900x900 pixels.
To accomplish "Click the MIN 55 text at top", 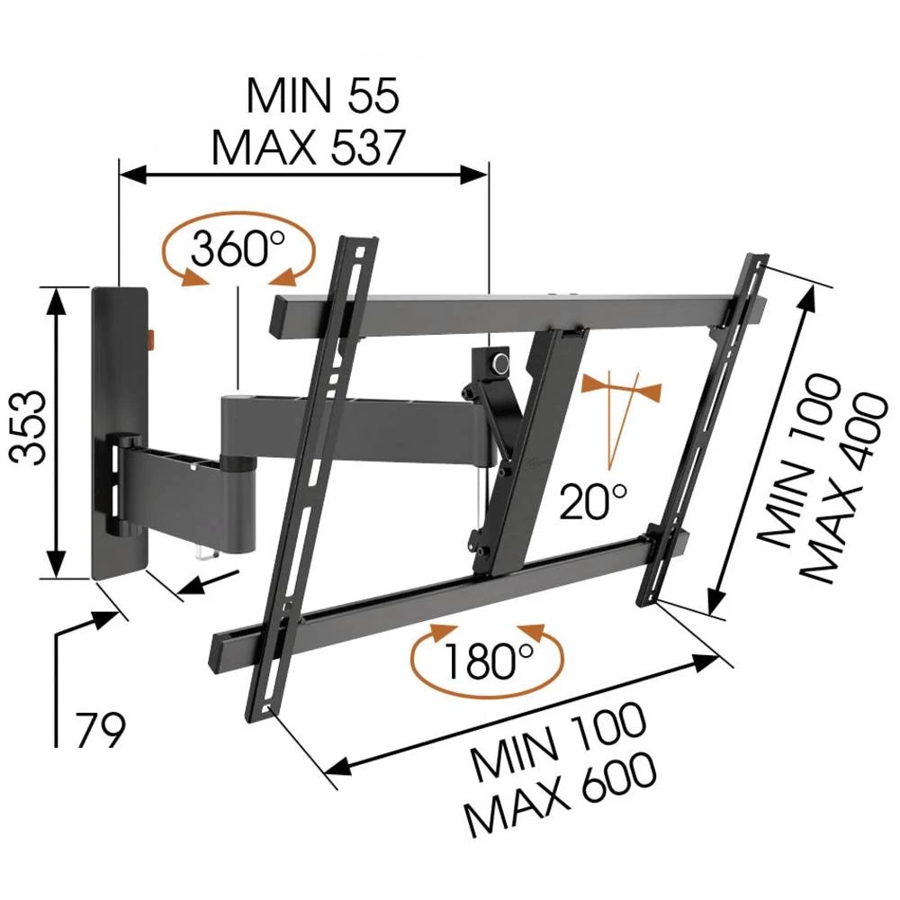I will [x=321, y=97].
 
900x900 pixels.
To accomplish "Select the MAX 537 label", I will [x=309, y=148].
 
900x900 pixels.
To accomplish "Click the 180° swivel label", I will [x=487, y=663].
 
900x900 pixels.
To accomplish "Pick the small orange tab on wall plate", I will [x=150, y=339].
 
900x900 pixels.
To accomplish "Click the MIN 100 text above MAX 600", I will [x=558, y=742].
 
